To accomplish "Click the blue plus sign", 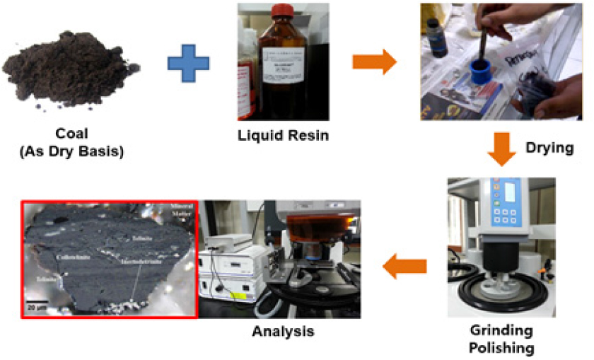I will point(190,63).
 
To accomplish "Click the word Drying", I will point(550,149).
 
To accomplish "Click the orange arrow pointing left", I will point(405,266).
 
